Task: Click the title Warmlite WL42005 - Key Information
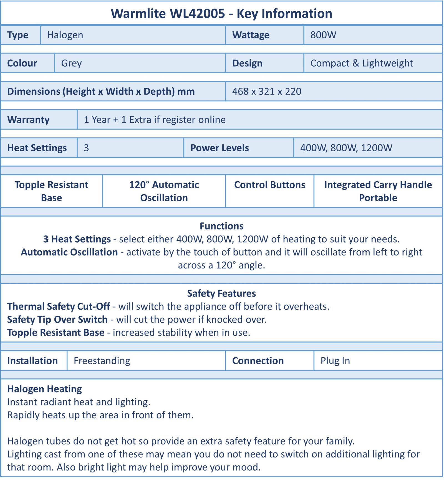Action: (221, 14)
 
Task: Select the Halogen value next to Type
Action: (65, 35)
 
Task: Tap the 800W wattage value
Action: (323, 35)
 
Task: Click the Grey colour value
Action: (72, 63)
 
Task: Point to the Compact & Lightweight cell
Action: (361, 63)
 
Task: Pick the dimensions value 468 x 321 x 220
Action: (267, 92)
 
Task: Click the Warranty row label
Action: (28, 120)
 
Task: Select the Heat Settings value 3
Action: (86, 148)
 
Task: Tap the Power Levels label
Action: (220, 148)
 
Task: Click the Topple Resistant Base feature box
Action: (52, 191)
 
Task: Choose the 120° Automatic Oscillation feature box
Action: (164, 191)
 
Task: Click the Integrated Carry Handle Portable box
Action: (378, 191)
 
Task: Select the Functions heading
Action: (221, 226)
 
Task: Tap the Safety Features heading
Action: (221, 293)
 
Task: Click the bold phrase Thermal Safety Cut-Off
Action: (59, 306)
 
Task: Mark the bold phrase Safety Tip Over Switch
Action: (57, 320)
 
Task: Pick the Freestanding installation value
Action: (102, 361)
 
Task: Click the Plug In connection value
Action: (335, 361)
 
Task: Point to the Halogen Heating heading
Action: (45, 389)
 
